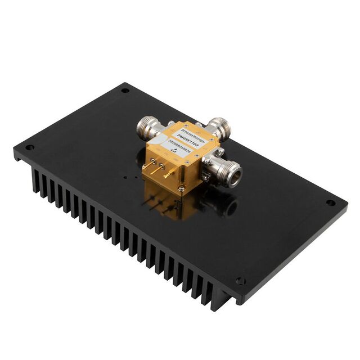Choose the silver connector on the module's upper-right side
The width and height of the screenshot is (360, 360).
click(220, 129)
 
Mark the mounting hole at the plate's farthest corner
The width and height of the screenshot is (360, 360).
click(125, 90)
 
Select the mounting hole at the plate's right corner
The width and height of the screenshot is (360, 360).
click(331, 203)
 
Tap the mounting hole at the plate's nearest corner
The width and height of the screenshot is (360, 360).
click(240, 281)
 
